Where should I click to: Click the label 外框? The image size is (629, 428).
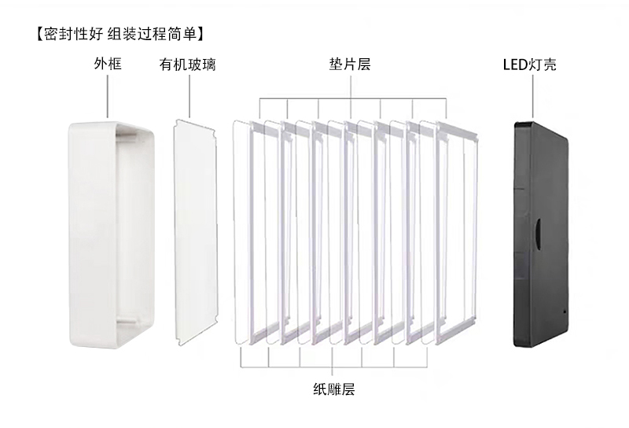(108, 64)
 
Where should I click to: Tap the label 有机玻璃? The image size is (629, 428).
(187, 65)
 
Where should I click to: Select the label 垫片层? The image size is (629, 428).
(350, 64)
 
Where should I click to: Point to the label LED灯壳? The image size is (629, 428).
(529, 65)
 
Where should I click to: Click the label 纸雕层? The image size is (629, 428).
(333, 389)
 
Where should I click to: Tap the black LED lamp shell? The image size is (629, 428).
(542, 235)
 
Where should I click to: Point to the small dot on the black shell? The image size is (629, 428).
(565, 311)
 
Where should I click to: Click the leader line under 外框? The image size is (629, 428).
(108, 96)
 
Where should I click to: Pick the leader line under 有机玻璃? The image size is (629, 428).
(189, 95)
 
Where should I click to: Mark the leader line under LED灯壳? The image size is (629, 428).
(533, 96)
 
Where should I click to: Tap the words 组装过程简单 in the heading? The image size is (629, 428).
(153, 34)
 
